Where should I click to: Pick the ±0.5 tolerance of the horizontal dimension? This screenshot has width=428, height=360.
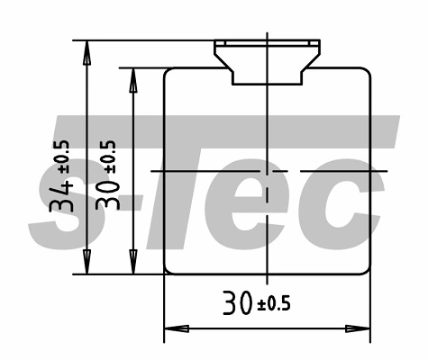tap(274, 304)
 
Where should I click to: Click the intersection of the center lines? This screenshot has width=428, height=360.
tap(268, 170)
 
